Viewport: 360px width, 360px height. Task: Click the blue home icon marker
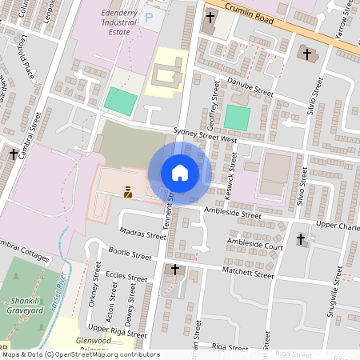click(180, 173)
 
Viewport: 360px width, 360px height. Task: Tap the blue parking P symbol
click(148, 16)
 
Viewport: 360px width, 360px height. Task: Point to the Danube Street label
click(250, 90)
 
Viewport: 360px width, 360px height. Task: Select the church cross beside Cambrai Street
click(14, 154)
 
